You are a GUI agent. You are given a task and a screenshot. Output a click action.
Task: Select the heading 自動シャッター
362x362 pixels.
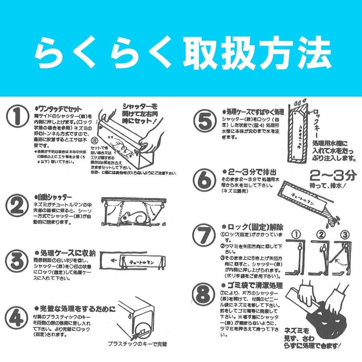tap(54, 199)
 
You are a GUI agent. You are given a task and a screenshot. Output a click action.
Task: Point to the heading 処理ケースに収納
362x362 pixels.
tap(65, 253)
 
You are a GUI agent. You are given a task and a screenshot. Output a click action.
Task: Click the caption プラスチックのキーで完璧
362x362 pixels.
tap(137, 344)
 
